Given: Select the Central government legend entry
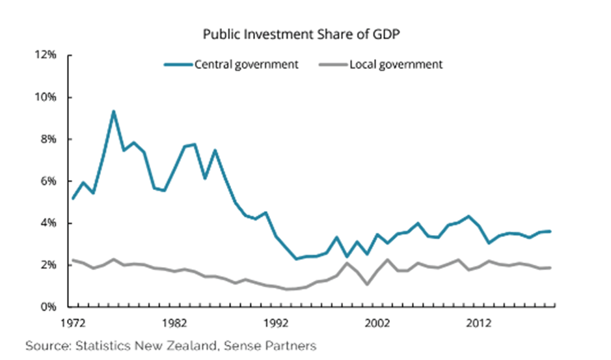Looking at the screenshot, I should pyautogui.click(x=246, y=64).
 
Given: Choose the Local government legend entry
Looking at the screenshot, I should pyautogui.click(x=396, y=64).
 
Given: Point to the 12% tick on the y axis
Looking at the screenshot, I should pyautogui.click(x=47, y=55).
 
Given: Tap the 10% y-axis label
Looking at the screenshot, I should pyautogui.click(x=47, y=97).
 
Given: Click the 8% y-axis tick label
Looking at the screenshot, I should pyautogui.click(x=49, y=139).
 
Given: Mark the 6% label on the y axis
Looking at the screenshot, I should pyautogui.click(x=49, y=181).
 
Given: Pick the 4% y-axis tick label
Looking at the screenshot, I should pyautogui.click(x=49, y=223).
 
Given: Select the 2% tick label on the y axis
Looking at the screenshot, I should pyautogui.click(x=49, y=265).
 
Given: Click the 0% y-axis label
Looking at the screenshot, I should pyautogui.click(x=49, y=307).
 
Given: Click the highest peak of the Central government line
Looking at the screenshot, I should pyautogui.click(x=114, y=111).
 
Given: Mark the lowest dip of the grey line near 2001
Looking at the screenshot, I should pyautogui.click(x=368, y=284).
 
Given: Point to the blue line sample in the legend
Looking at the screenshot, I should pyautogui.click(x=178, y=64).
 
